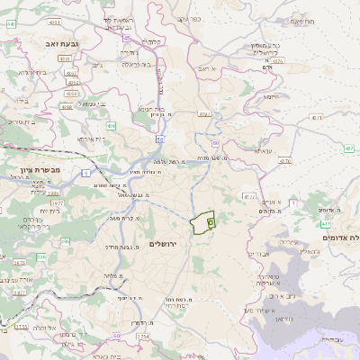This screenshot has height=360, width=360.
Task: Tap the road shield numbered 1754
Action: tap(143, 336)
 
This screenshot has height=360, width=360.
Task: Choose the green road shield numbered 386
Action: tap(40, 257)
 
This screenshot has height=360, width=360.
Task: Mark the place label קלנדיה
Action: tap(151, 40)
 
